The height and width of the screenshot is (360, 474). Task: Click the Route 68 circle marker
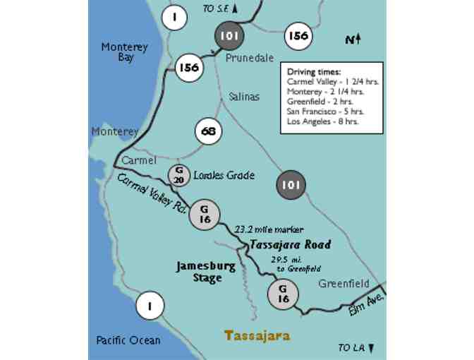(208, 132)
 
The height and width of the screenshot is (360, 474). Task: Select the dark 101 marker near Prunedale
(229, 35)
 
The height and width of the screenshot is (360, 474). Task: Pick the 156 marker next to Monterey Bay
(188, 68)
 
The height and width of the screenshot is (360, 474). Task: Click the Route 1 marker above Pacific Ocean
(150, 305)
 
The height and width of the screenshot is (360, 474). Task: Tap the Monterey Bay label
(125, 52)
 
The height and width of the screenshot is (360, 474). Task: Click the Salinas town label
(243, 97)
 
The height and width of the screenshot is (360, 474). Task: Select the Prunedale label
(249, 59)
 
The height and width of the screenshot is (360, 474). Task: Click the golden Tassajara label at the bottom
(257, 335)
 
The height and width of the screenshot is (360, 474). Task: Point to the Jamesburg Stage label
(198, 272)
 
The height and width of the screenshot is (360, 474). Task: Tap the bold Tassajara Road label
(289, 244)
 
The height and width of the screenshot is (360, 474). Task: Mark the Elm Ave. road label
(365, 305)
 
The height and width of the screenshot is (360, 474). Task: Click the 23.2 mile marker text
(268, 229)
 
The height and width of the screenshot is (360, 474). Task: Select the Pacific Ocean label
(128, 340)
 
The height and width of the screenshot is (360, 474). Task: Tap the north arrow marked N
(353, 40)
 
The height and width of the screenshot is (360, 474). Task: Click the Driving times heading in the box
(313, 72)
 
